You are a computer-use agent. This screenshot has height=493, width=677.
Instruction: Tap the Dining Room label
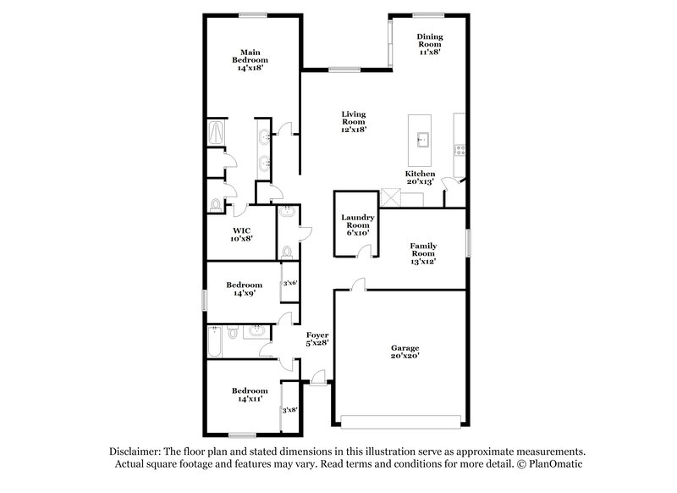430,44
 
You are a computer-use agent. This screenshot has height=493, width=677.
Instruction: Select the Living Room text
354,122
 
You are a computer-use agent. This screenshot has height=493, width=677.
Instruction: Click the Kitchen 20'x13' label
419,179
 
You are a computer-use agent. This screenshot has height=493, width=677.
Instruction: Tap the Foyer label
316,339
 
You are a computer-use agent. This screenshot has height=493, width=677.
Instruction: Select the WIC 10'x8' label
241,235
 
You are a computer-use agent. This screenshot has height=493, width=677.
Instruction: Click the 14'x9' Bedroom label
244,290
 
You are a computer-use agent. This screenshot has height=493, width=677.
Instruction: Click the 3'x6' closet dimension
289,284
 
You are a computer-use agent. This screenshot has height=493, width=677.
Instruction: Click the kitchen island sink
421,139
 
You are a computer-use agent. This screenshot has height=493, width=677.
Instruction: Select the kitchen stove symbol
460,151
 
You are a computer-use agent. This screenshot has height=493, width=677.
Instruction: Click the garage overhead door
402,420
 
